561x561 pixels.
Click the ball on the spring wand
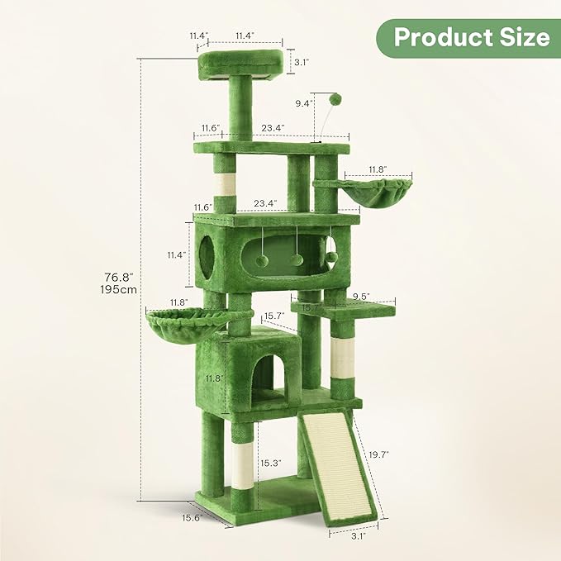[335, 99]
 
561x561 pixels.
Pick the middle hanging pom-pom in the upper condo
[297, 259]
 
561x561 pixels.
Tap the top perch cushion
[245, 59]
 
